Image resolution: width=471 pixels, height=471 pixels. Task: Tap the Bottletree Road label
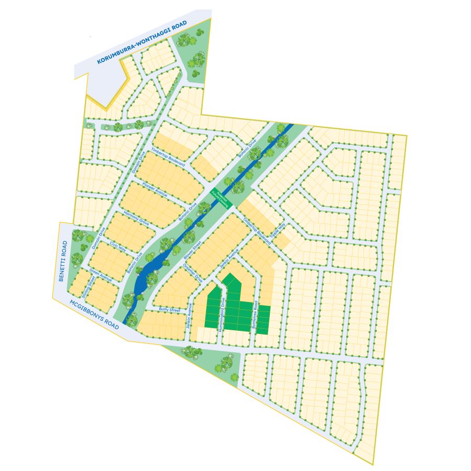(x=255, y=315)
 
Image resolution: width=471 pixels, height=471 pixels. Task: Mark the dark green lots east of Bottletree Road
(x=263, y=319)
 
